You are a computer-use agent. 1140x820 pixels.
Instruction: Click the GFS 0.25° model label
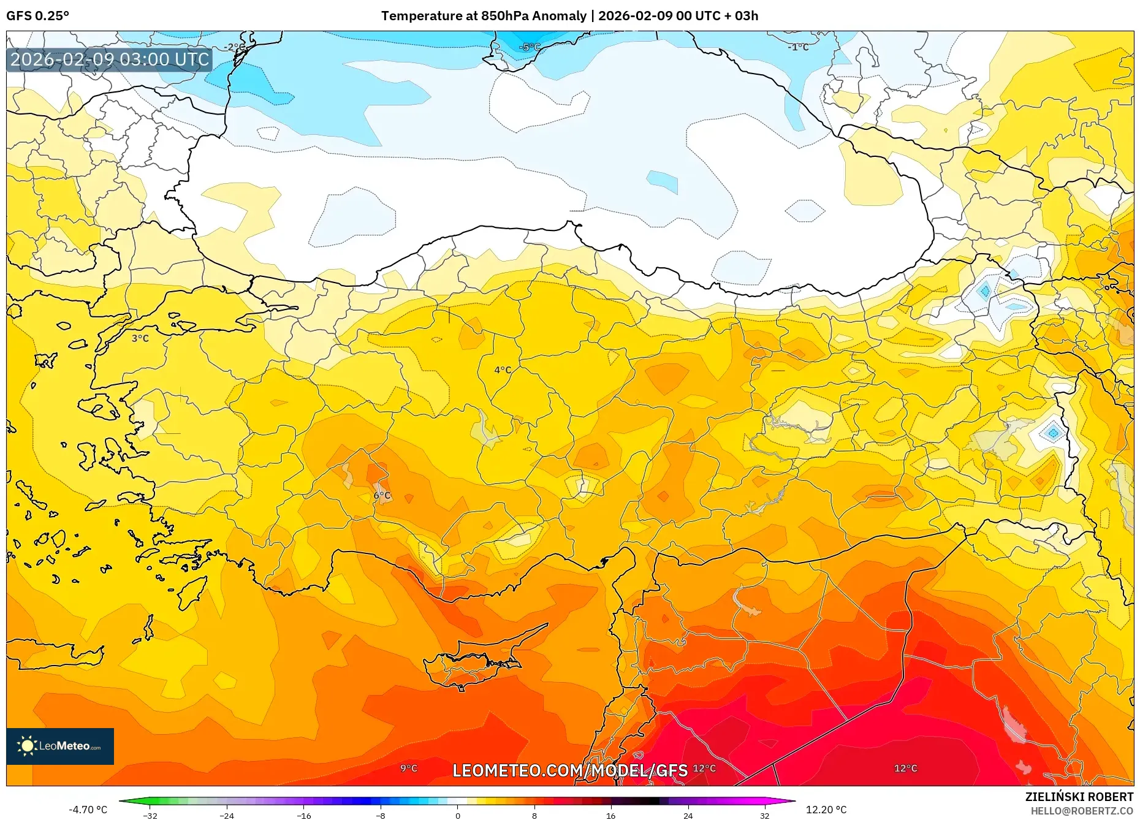[x=37, y=16]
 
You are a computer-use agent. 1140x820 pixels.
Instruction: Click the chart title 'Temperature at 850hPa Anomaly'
[x=484, y=16]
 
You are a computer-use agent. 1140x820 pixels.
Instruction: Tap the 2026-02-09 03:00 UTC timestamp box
[x=110, y=59]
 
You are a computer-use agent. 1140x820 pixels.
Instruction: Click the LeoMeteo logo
[x=60, y=746]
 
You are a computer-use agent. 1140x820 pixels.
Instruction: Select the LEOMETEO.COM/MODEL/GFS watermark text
[x=570, y=770]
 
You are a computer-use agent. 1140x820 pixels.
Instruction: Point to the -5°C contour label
[x=530, y=47]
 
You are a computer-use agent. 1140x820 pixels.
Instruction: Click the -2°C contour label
[x=234, y=47]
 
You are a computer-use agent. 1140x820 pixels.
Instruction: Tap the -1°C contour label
[x=798, y=47]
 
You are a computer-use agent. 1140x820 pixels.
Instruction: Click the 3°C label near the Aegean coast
[x=140, y=338]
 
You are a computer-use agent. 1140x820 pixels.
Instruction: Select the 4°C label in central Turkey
[x=503, y=370]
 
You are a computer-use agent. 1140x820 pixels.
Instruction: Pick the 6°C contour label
[x=382, y=495]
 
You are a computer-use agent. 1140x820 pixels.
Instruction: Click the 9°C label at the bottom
[x=409, y=769]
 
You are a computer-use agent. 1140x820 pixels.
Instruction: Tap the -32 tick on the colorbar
[x=150, y=815]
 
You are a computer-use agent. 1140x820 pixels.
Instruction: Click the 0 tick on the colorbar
[x=457, y=815]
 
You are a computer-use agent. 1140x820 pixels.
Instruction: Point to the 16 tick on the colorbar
[x=610, y=815]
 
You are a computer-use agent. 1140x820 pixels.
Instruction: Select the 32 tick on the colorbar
[x=764, y=815]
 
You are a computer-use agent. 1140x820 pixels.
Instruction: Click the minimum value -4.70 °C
[x=88, y=810]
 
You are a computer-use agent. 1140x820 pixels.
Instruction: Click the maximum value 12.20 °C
[x=826, y=810]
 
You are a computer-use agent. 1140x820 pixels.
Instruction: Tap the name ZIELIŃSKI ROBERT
[x=1079, y=797]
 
